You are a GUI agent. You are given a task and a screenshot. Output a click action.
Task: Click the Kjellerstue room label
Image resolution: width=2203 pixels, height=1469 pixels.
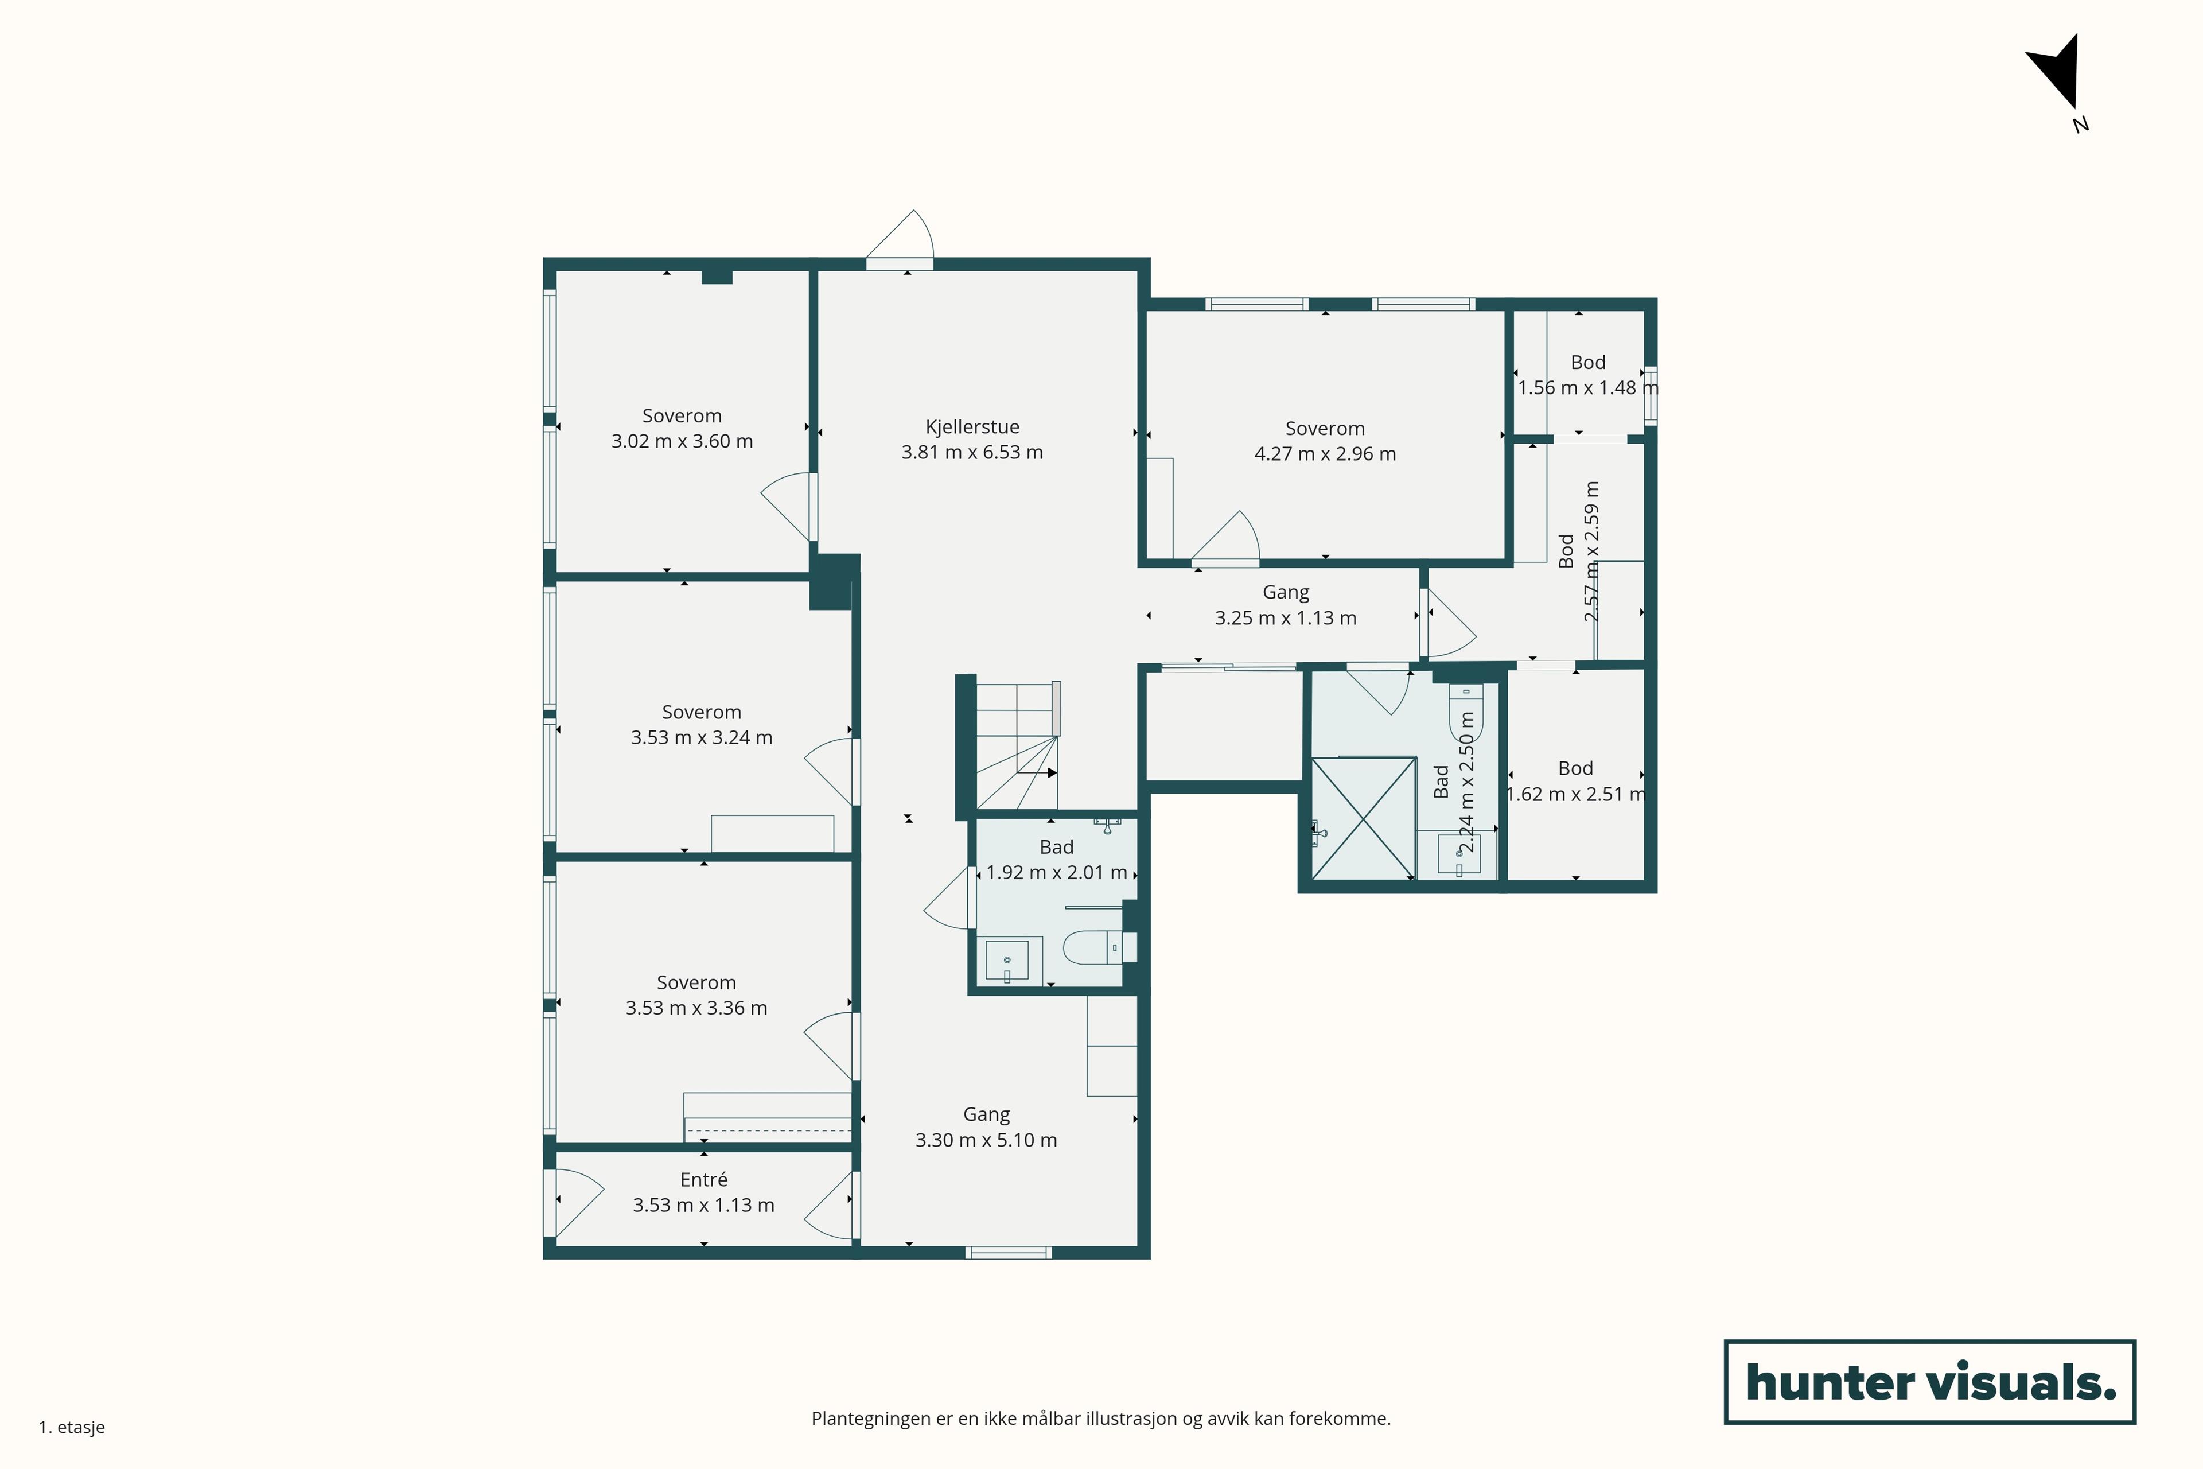972,427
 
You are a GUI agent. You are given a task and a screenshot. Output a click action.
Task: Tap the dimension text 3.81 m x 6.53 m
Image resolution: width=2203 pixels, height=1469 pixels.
972,453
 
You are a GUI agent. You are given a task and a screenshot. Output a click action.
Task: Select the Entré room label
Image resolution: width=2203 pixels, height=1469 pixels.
703,1180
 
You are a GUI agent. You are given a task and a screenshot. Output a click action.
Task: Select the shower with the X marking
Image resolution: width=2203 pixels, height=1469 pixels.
1363,818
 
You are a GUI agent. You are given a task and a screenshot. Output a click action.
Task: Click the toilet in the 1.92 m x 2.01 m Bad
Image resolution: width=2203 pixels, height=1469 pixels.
1091,947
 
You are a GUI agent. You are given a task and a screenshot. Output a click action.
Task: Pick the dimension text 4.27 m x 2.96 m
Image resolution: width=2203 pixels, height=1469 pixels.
1325,454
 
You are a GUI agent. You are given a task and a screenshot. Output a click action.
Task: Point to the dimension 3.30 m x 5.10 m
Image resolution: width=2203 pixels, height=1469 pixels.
986,1140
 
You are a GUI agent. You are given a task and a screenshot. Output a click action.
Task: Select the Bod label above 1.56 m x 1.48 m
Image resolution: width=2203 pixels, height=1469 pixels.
1587,363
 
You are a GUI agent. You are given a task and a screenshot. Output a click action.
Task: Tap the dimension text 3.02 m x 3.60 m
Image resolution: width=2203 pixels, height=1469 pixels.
682,441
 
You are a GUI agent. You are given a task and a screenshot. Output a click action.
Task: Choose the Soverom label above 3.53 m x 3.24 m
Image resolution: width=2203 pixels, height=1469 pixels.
702,712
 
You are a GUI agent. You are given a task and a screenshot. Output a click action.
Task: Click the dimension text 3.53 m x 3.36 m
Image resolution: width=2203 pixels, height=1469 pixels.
696,1008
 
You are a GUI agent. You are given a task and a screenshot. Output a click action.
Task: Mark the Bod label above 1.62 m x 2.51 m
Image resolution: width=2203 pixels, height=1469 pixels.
1575,768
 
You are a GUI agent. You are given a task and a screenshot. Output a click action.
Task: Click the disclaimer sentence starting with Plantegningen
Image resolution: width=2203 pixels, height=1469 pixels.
1100,1419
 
